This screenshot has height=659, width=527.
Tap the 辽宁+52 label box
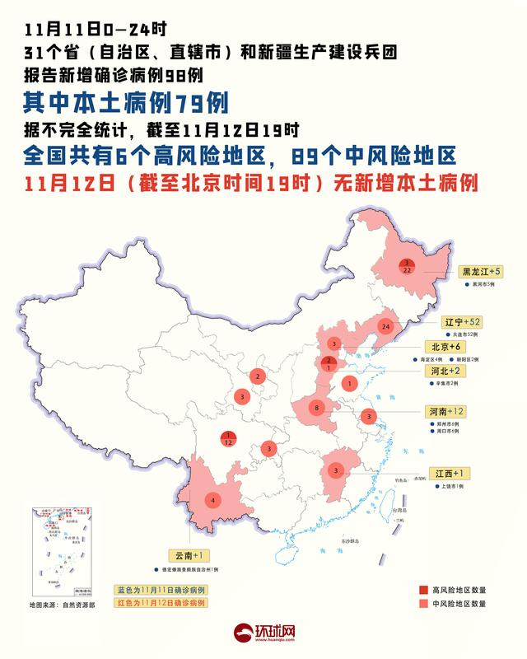click(x=462, y=321)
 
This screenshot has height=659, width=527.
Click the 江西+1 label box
click(x=450, y=474)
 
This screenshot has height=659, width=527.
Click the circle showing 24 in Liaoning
click(x=385, y=327)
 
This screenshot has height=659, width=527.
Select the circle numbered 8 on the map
click(x=317, y=408)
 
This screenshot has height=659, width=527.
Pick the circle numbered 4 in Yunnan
click(x=214, y=500)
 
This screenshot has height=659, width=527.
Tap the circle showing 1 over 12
click(x=227, y=439)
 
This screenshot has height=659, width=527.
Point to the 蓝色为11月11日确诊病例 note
click(x=160, y=591)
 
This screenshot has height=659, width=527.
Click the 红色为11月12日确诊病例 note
click(x=160, y=603)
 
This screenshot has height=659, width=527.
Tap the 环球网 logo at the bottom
click(x=263, y=634)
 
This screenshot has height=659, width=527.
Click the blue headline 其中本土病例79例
click(x=124, y=103)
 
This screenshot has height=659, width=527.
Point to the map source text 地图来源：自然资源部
click(x=63, y=605)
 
